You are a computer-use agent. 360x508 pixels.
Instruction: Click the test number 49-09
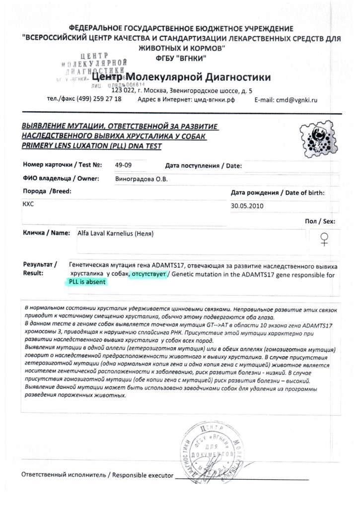124,165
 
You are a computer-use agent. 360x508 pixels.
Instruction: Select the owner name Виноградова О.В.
141,179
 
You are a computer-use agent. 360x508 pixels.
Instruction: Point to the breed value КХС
29,204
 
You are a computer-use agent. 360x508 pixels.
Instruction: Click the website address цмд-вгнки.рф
214,100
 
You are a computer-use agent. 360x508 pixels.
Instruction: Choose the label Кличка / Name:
47,233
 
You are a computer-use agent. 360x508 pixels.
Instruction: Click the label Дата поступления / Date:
203,166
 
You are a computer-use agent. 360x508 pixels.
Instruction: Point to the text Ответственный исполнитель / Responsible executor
97,475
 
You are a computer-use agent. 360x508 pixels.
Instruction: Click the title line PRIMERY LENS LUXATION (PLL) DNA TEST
91,146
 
